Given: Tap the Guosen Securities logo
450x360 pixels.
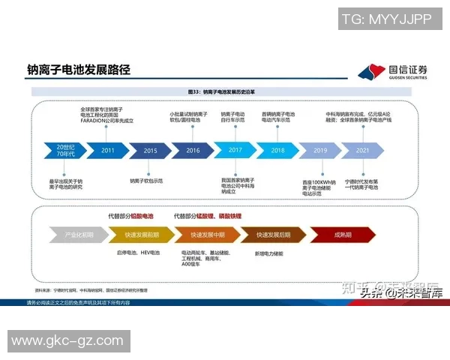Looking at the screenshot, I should [393, 71].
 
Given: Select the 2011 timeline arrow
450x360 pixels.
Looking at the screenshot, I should [108, 151].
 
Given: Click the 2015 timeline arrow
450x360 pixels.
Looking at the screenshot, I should [150, 151].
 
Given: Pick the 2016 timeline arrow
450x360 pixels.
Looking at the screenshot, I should [193, 151].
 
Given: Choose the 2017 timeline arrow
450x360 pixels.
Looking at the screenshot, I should [235, 151].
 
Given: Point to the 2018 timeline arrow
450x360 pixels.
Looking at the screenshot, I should [278, 151].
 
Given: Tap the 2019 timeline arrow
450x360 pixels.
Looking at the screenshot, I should [321, 151].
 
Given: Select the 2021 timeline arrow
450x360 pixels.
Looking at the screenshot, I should [363, 151].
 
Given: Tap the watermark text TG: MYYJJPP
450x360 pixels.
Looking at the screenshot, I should [386, 17].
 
